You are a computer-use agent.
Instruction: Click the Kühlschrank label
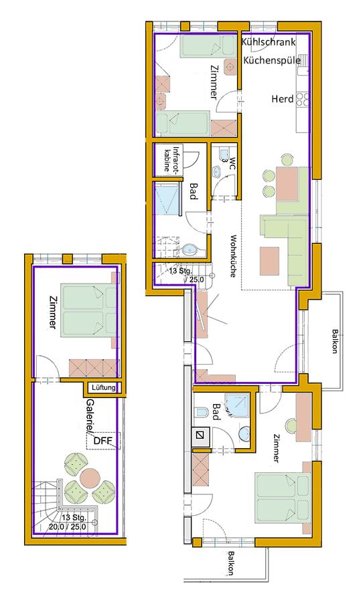[x=269, y=42]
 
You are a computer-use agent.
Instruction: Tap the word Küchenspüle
[x=272, y=60]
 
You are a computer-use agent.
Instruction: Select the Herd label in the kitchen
[x=283, y=99]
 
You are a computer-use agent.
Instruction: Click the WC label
[x=232, y=161]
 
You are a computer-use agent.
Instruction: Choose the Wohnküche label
[x=233, y=256]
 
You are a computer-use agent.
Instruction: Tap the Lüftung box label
[x=103, y=387]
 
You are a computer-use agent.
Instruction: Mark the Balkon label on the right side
[x=336, y=341]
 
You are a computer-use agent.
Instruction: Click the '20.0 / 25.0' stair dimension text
[x=67, y=527]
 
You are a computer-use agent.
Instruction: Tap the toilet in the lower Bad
[x=202, y=413]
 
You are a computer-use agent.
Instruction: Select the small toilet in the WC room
[x=223, y=154]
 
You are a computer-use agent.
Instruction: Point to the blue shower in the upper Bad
[x=167, y=199]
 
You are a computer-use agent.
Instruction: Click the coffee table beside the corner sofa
[x=269, y=261]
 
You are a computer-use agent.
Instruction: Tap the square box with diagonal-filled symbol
[x=200, y=435]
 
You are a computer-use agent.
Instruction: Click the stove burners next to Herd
[x=303, y=99]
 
